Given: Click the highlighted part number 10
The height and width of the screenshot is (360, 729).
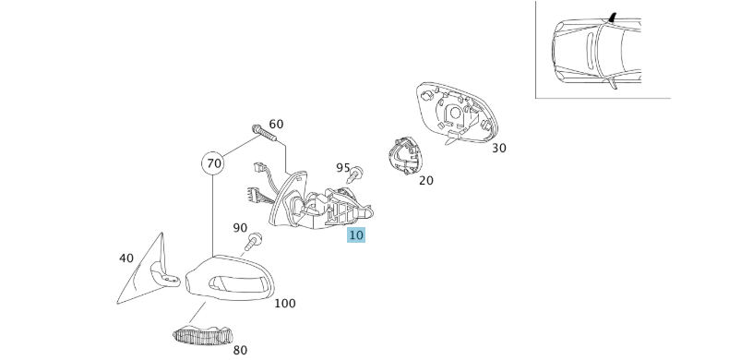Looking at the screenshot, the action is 355,234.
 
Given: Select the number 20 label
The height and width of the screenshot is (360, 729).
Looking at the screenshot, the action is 426,181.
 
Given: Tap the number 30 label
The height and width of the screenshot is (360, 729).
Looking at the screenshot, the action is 499,148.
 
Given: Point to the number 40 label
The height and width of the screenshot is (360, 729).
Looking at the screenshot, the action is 126,258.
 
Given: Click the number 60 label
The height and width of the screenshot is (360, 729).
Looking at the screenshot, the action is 276,125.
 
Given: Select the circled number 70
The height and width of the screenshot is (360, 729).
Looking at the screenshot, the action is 213,163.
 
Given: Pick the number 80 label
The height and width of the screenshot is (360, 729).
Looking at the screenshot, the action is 240,350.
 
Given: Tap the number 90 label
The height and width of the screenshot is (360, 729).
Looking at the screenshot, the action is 240,228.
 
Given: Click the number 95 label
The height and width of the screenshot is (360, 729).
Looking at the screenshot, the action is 342,167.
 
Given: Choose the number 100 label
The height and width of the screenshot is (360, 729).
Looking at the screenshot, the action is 285,304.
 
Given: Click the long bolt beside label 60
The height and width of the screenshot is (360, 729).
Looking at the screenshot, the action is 264,133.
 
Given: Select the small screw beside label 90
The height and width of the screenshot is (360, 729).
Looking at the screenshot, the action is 253,242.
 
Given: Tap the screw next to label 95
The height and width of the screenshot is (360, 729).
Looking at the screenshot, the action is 356,174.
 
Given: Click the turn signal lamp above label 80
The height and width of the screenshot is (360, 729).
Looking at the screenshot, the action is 202,335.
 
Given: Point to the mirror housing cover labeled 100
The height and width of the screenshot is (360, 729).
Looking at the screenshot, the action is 230,278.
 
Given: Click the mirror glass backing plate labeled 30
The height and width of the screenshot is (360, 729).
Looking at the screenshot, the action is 457,113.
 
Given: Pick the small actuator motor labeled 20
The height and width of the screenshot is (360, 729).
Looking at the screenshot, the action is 405,155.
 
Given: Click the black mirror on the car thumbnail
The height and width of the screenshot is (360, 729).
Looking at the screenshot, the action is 613,18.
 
